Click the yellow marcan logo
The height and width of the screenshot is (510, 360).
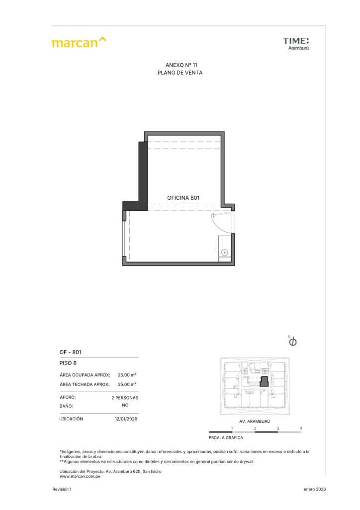tap(79, 42)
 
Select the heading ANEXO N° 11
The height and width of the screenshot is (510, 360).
tap(181, 65)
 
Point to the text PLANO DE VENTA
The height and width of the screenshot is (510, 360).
tap(180, 73)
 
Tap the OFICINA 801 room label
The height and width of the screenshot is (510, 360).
tap(183, 198)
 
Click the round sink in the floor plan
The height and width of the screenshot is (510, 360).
tap(224, 253)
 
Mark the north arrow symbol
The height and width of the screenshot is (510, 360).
tap(292, 341)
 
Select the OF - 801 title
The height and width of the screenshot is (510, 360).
tap(71, 352)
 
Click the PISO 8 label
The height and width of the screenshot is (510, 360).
tap(68, 363)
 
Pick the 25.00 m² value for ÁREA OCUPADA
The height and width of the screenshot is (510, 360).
tap(127, 375)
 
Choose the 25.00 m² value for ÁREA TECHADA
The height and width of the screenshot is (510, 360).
tap(127, 384)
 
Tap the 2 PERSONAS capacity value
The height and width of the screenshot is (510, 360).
tap(125, 398)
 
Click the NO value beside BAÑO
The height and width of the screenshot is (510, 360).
tap(125, 405)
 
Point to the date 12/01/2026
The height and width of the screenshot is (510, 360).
tap(126, 419)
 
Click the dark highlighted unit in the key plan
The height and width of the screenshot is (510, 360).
tap(264, 382)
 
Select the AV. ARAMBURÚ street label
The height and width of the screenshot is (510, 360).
tap(255, 421)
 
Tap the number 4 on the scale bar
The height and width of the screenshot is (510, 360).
tap(301, 428)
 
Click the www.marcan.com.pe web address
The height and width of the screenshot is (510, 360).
tap(80, 477)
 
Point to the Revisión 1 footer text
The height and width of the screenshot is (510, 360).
tap(62, 489)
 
